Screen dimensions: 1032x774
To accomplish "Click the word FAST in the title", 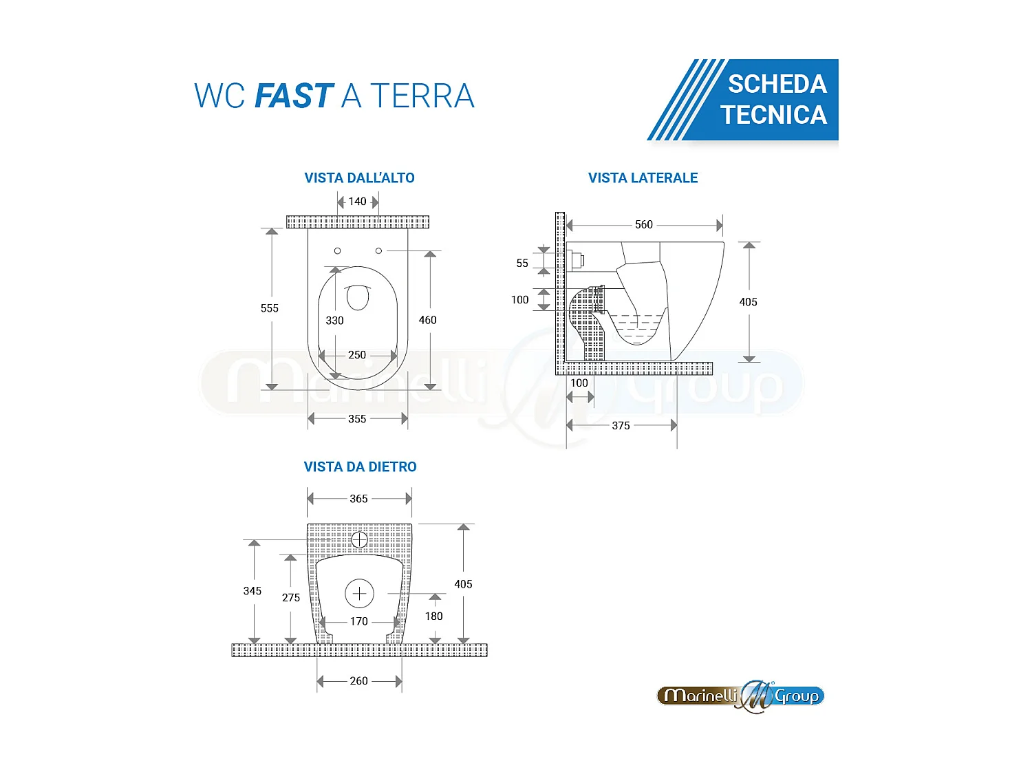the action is click(x=294, y=96).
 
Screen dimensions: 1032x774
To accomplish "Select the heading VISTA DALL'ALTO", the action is click(x=359, y=178).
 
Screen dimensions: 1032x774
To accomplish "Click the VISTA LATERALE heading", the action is click(x=643, y=178).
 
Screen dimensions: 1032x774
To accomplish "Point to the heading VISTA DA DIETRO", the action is click(x=360, y=467).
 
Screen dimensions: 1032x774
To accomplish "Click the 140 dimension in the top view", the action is click(x=357, y=202).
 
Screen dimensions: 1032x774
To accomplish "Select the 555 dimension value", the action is click(x=270, y=308).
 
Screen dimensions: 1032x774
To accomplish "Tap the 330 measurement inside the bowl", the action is click(x=334, y=321).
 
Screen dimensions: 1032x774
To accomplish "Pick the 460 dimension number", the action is click(x=427, y=320).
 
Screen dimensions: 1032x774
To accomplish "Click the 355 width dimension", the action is click(x=357, y=419).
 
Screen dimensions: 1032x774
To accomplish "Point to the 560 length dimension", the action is click(x=644, y=225).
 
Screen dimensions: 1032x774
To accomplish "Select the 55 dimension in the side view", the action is click(x=522, y=264).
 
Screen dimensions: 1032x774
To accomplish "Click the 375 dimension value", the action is click(x=621, y=426).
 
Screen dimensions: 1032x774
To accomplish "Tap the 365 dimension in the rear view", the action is click(x=358, y=499).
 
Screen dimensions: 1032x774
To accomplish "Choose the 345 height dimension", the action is click(x=252, y=591).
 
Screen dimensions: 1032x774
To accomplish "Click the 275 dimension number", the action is click(x=291, y=598).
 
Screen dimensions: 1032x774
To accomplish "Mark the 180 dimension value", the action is click(x=434, y=616).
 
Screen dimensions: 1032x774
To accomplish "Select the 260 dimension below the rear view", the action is click(x=358, y=681).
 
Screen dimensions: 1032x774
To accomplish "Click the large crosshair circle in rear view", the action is click(x=359, y=593).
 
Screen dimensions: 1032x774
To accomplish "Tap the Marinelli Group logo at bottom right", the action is click(x=740, y=696).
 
